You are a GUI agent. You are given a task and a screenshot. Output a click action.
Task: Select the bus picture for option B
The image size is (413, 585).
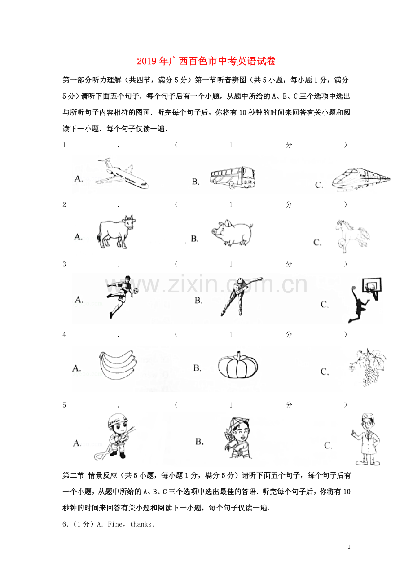[x=233, y=177]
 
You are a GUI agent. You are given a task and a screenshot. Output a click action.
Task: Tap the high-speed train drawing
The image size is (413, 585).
[x=361, y=179]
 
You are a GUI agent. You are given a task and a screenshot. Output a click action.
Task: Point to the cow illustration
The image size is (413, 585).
[x=116, y=232]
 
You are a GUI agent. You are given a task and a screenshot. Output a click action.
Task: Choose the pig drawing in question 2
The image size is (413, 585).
[x=232, y=233]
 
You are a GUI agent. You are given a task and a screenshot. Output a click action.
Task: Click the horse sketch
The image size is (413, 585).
[x=353, y=236]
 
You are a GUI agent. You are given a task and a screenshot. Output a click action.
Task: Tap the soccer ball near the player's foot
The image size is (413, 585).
[x=136, y=291]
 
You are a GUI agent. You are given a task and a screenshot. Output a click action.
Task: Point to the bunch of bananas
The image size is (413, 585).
[x=118, y=365]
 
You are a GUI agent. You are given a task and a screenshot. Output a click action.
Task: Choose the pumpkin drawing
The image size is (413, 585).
[x=237, y=365]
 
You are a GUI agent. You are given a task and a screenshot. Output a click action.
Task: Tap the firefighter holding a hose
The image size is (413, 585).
[x=115, y=436]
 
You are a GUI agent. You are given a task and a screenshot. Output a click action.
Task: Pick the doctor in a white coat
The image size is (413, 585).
[x=366, y=439]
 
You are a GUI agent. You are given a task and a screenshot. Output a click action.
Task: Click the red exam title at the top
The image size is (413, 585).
[x=206, y=61]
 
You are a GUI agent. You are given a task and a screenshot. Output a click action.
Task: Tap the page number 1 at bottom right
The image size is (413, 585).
[x=349, y=547]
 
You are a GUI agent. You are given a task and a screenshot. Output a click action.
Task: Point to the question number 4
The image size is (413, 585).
[x=64, y=335]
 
